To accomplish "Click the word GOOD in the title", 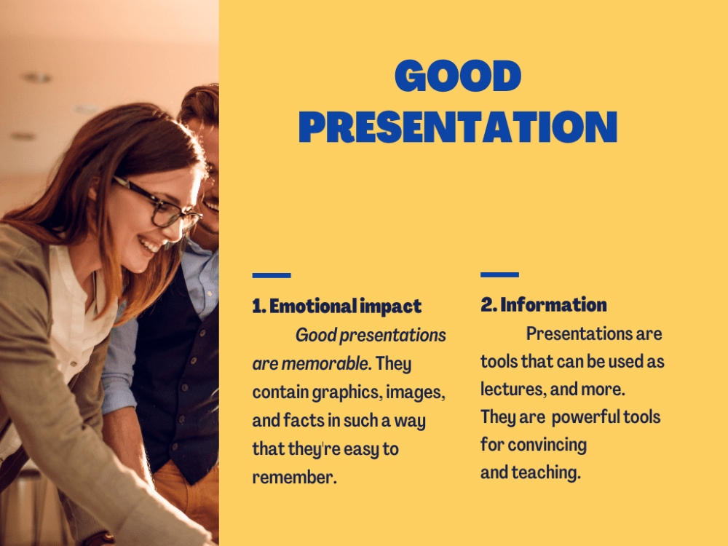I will click(x=458, y=76).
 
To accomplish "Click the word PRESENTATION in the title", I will click(x=458, y=127).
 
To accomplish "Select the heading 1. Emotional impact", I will click(x=336, y=306).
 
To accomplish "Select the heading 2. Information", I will click(x=543, y=304).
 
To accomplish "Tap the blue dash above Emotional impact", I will click(x=272, y=276).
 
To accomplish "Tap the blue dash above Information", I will click(x=499, y=275).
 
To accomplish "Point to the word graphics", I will click(x=347, y=392).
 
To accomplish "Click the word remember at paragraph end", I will click(x=293, y=478).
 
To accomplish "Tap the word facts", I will click(x=304, y=421).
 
